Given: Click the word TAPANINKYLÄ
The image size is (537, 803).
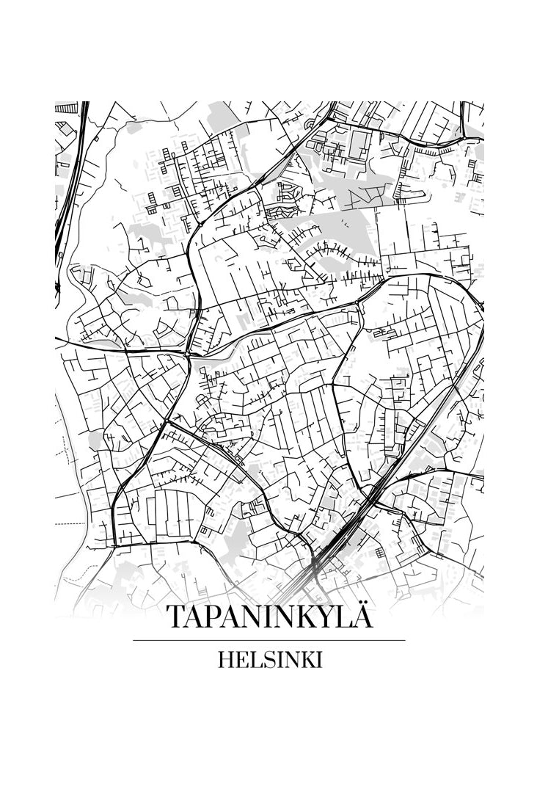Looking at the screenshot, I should [x=268, y=617].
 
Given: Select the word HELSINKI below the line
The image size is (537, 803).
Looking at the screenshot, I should [x=269, y=660].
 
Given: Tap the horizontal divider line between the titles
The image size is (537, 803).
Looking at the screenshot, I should [x=268, y=640].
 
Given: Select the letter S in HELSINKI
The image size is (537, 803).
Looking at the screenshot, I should [x=266, y=660].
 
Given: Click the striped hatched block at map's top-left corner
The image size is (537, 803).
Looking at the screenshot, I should [x=66, y=108].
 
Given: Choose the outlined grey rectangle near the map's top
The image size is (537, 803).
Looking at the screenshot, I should [x=359, y=145].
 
